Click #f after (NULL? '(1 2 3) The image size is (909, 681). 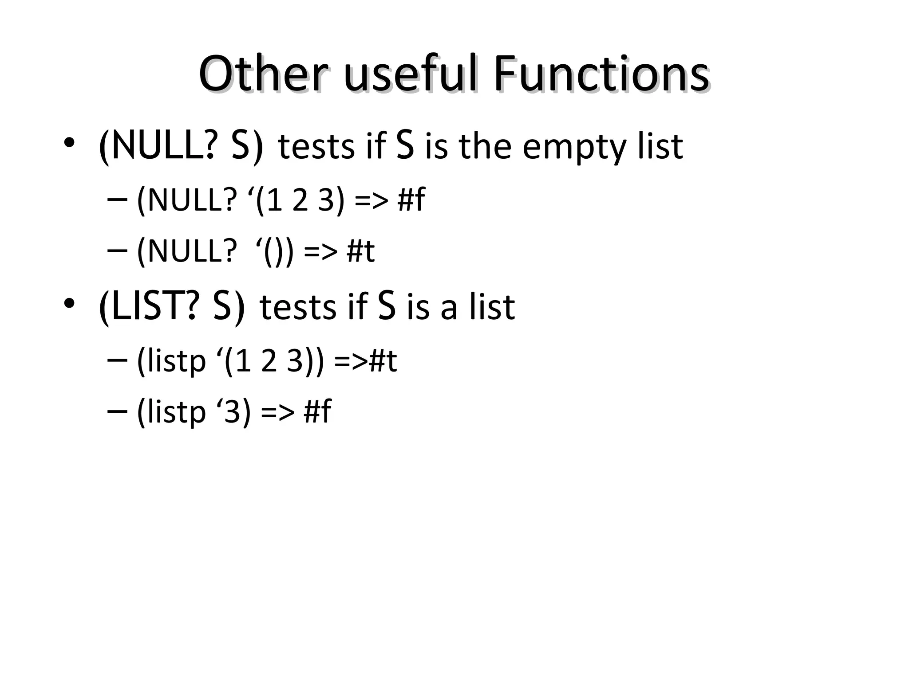(411, 200)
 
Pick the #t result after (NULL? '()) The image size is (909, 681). (360, 251)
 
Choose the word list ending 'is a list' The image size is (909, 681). (493, 307)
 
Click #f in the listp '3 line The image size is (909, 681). (317, 411)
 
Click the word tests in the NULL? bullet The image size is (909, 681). (316, 147)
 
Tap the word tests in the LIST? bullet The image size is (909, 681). (298, 307)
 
